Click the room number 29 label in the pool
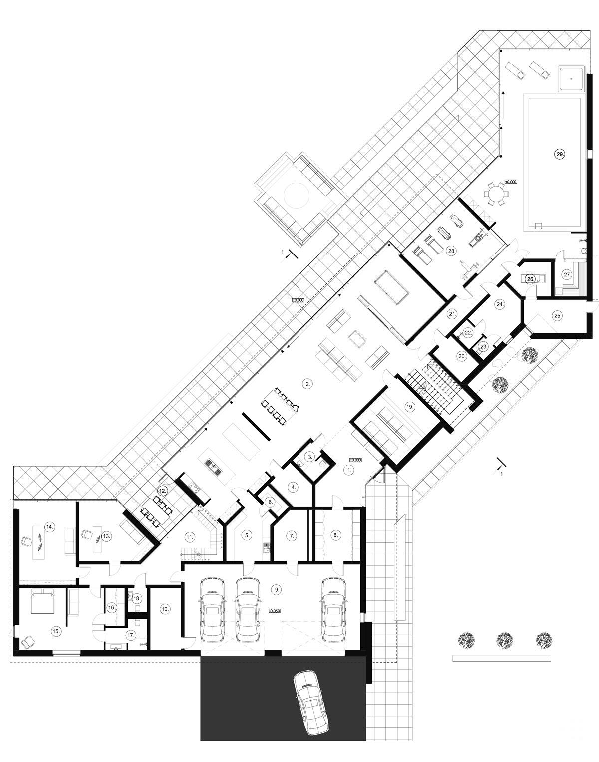pos(560,155)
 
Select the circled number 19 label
pos(409,407)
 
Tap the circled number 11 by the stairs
pos(189,537)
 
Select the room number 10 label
pos(165,609)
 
